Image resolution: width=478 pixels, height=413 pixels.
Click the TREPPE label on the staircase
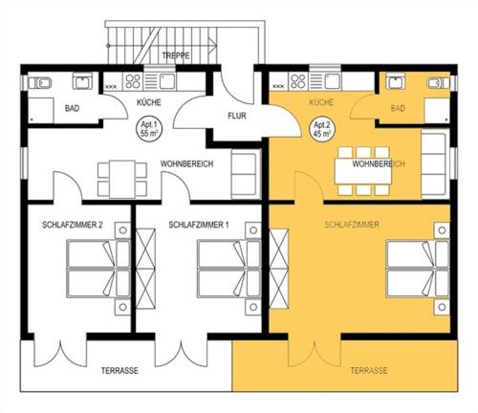[x=176, y=55]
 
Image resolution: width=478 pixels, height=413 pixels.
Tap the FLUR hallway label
[x=237, y=116]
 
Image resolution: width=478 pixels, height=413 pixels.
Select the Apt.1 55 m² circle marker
[x=149, y=129]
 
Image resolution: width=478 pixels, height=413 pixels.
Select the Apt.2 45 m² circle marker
[x=322, y=129]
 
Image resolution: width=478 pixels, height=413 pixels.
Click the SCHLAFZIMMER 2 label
[x=73, y=225]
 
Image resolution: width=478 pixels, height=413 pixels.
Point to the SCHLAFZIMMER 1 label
[x=199, y=225]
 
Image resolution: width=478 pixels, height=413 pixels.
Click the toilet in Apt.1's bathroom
[x=40, y=83]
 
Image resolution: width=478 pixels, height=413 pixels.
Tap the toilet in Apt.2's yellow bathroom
[x=438, y=83]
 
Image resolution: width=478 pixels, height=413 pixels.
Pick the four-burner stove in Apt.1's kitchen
[x=133, y=81]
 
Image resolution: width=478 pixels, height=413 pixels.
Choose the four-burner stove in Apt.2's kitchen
[x=298, y=81]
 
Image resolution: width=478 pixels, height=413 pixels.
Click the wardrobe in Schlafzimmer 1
[x=145, y=269]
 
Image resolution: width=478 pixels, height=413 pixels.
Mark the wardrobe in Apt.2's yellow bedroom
[x=279, y=269]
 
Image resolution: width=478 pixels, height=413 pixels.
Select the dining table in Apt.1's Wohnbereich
[x=122, y=179]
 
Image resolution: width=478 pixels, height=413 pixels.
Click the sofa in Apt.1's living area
[x=243, y=174]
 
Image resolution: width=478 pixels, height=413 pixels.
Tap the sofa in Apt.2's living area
[x=434, y=165]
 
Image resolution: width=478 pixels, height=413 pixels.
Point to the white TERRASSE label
[x=119, y=371]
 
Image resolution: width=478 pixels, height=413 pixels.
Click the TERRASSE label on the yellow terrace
[x=369, y=371]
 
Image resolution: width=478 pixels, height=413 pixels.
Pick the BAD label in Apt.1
[x=72, y=108]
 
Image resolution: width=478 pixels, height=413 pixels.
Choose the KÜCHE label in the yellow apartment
[x=321, y=102]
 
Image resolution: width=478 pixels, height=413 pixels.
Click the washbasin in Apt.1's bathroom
[x=82, y=81]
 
